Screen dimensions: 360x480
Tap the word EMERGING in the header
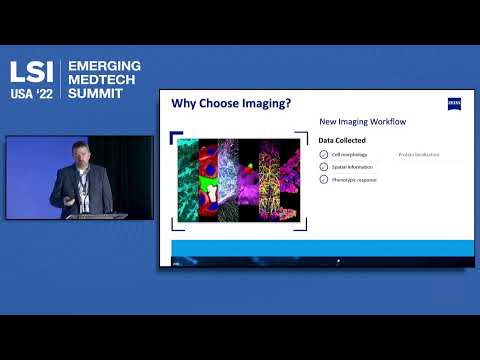click(x=104, y=66)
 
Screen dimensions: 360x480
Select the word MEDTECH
click(x=104, y=79)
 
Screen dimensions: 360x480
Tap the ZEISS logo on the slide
click(x=454, y=103)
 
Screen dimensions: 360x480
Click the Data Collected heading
click(x=343, y=141)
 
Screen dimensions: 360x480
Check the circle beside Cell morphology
click(x=323, y=155)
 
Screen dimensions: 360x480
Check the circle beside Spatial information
click(x=323, y=167)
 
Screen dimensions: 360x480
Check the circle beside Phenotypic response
click(x=323, y=179)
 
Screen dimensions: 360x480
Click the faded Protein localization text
click(x=420, y=155)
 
